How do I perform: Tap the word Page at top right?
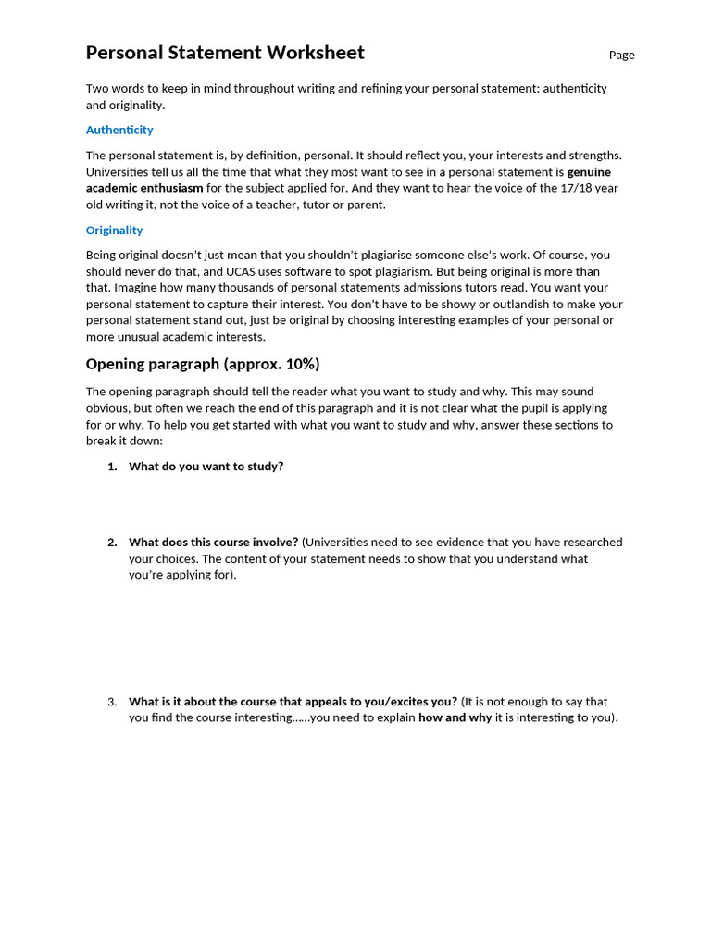coord(621,56)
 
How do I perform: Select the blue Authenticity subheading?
coord(119,131)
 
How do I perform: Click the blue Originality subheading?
coord(114,231)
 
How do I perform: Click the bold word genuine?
coord(589,172)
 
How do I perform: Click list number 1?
coord(112,467)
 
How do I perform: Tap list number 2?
coord(112,543)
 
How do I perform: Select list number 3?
coord(112,702)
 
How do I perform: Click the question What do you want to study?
coord(206,467)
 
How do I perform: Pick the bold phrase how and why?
coord(455,718)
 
